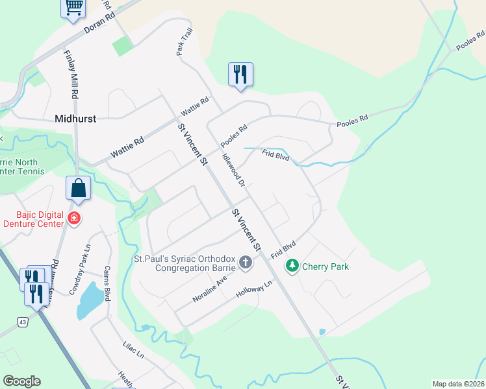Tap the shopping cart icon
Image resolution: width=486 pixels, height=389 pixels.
click(73, 8)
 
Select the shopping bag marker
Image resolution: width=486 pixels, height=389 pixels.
click(78, 189)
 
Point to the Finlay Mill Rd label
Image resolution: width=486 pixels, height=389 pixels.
click(71, 75)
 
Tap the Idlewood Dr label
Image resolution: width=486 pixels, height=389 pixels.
click(233, 171)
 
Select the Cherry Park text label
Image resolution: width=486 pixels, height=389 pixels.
click(325, 266)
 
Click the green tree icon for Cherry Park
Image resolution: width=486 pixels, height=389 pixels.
click(292, 265)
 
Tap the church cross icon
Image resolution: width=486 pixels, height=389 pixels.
click(246, 262)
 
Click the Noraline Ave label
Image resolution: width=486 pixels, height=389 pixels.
click(209, 290)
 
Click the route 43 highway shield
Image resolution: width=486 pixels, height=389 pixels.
click(23, 322)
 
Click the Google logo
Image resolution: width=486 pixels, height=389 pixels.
click(21, 381)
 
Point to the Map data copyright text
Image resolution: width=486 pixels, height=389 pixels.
click(458, 384)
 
